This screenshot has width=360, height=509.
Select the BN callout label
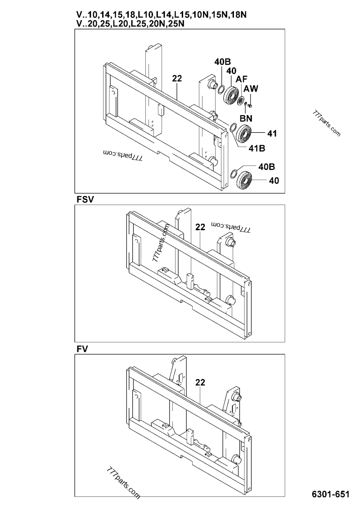(246, 119)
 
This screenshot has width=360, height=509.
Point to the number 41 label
(272, 134)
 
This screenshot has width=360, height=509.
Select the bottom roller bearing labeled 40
(246, 180)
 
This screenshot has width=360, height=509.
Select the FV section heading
(81, 348)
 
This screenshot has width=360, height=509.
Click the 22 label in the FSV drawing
(200, 228)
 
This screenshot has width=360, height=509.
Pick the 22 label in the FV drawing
(200, 383)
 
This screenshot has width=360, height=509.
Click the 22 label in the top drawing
(177, 79)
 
